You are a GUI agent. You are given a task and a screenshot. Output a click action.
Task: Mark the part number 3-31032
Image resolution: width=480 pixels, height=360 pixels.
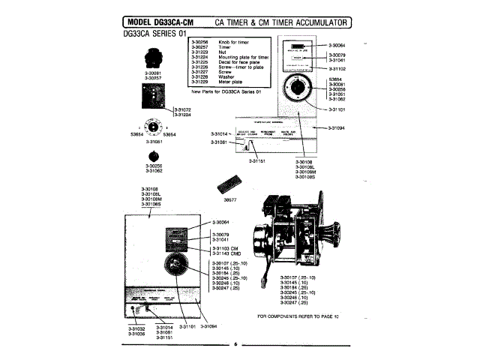point(136,328)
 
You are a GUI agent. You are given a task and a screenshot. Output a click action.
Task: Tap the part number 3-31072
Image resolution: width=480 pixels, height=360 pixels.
point(183,109)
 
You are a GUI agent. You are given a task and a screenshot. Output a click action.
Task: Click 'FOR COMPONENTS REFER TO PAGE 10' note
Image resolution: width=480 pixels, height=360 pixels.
point(298,316)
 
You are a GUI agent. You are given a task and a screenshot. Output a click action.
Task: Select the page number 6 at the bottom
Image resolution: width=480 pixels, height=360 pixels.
point(235,344)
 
